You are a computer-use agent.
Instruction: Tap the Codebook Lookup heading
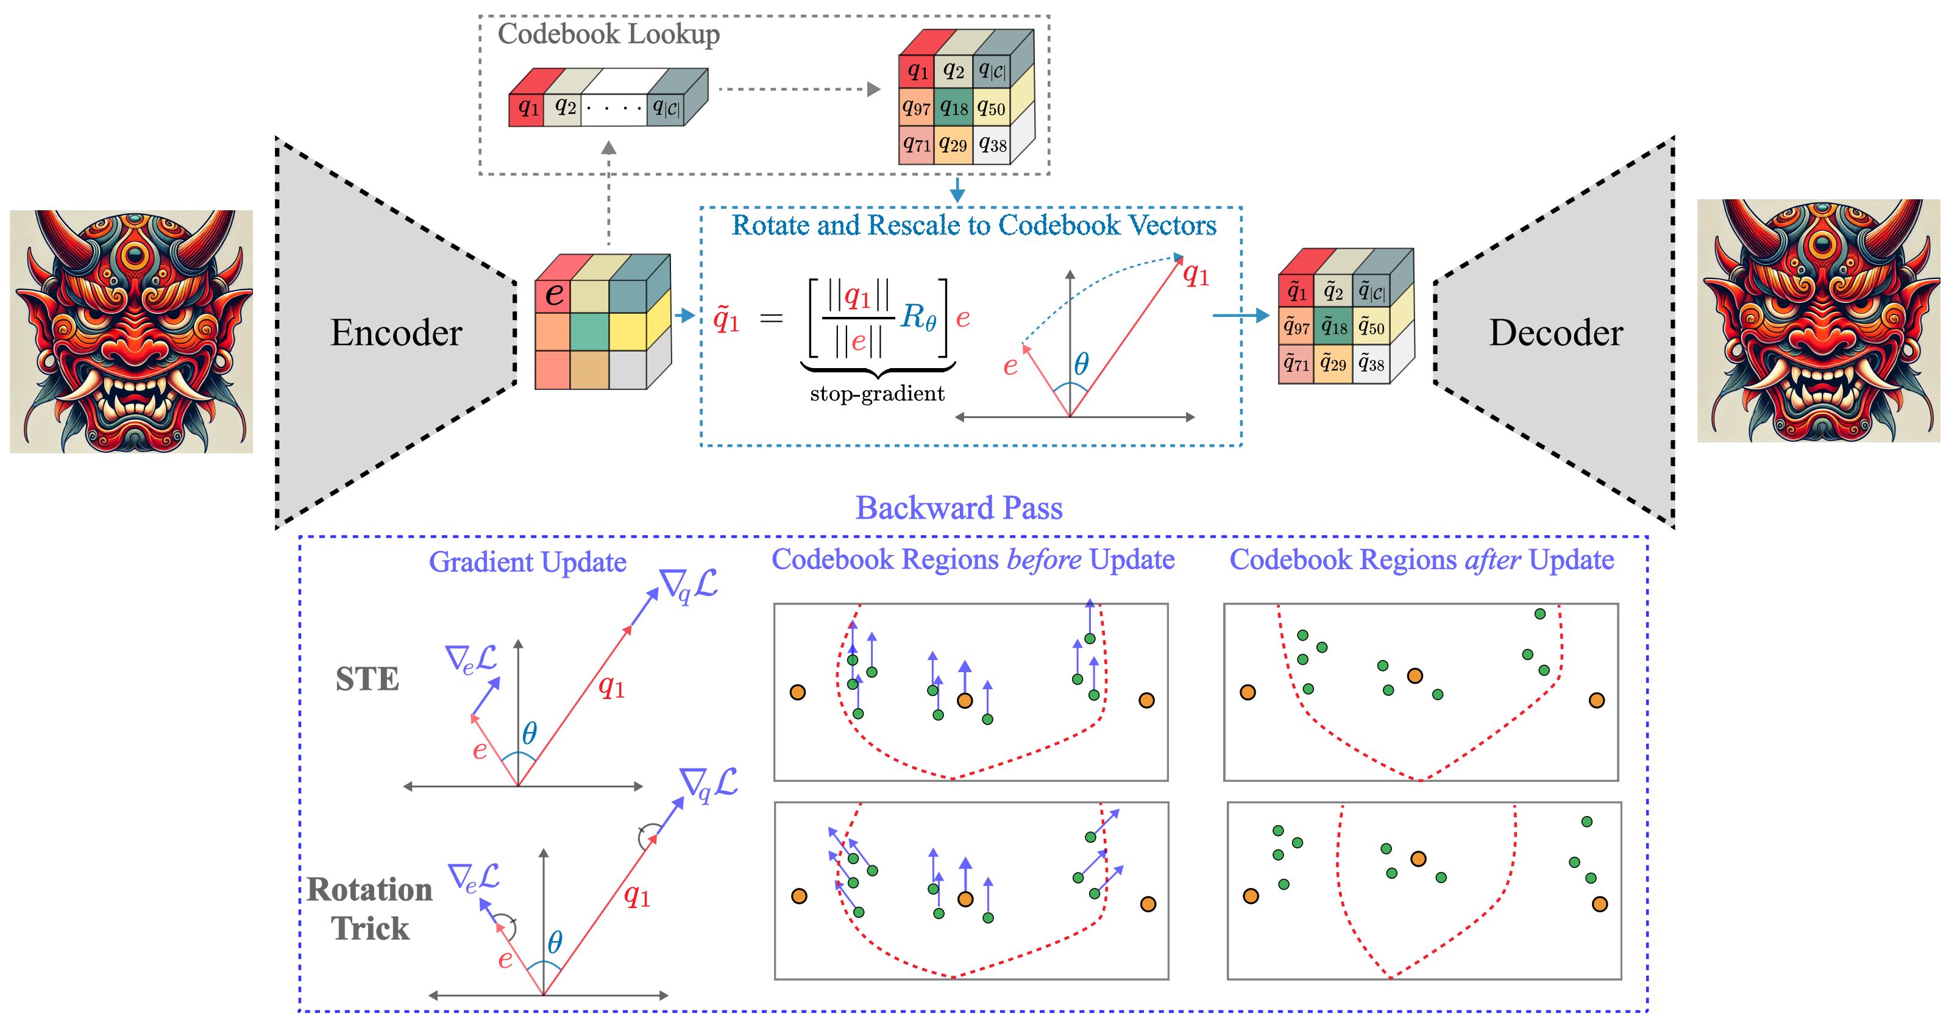(608, 34)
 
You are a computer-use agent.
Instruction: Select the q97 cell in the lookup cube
(916, 108)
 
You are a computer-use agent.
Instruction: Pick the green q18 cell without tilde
(953, 108)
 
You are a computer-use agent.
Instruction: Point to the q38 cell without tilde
(992, 144)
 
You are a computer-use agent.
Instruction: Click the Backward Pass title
(959, 508)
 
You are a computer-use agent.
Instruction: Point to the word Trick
(370, 929)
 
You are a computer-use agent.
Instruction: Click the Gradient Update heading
(527, 562)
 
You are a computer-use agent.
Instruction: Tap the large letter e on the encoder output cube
(555, 294)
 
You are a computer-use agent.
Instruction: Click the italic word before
(1043, 560)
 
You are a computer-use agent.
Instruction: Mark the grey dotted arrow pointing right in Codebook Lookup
(798, 89)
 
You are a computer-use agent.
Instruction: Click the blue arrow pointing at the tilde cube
(1240, 316)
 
